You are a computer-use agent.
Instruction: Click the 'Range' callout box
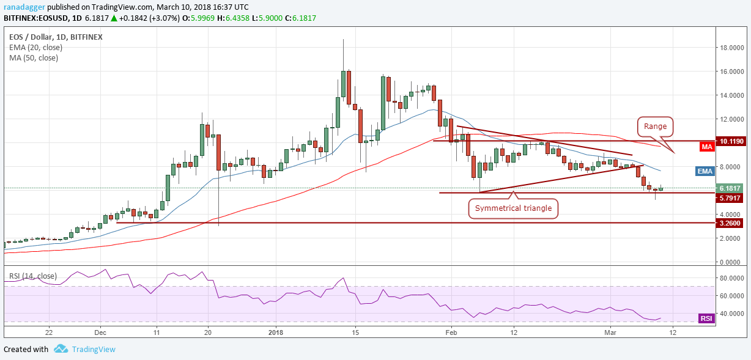tap(655, 127)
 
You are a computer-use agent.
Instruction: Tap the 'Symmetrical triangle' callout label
tap(514, 208)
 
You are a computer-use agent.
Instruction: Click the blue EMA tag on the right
tap(705, 171)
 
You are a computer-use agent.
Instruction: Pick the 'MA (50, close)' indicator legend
tap(33, 57)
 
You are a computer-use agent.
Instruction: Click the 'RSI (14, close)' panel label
tap(32, 276)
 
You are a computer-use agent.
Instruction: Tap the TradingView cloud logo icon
tap(61, 348)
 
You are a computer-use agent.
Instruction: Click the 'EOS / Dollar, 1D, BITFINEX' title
tap(56, 37)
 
